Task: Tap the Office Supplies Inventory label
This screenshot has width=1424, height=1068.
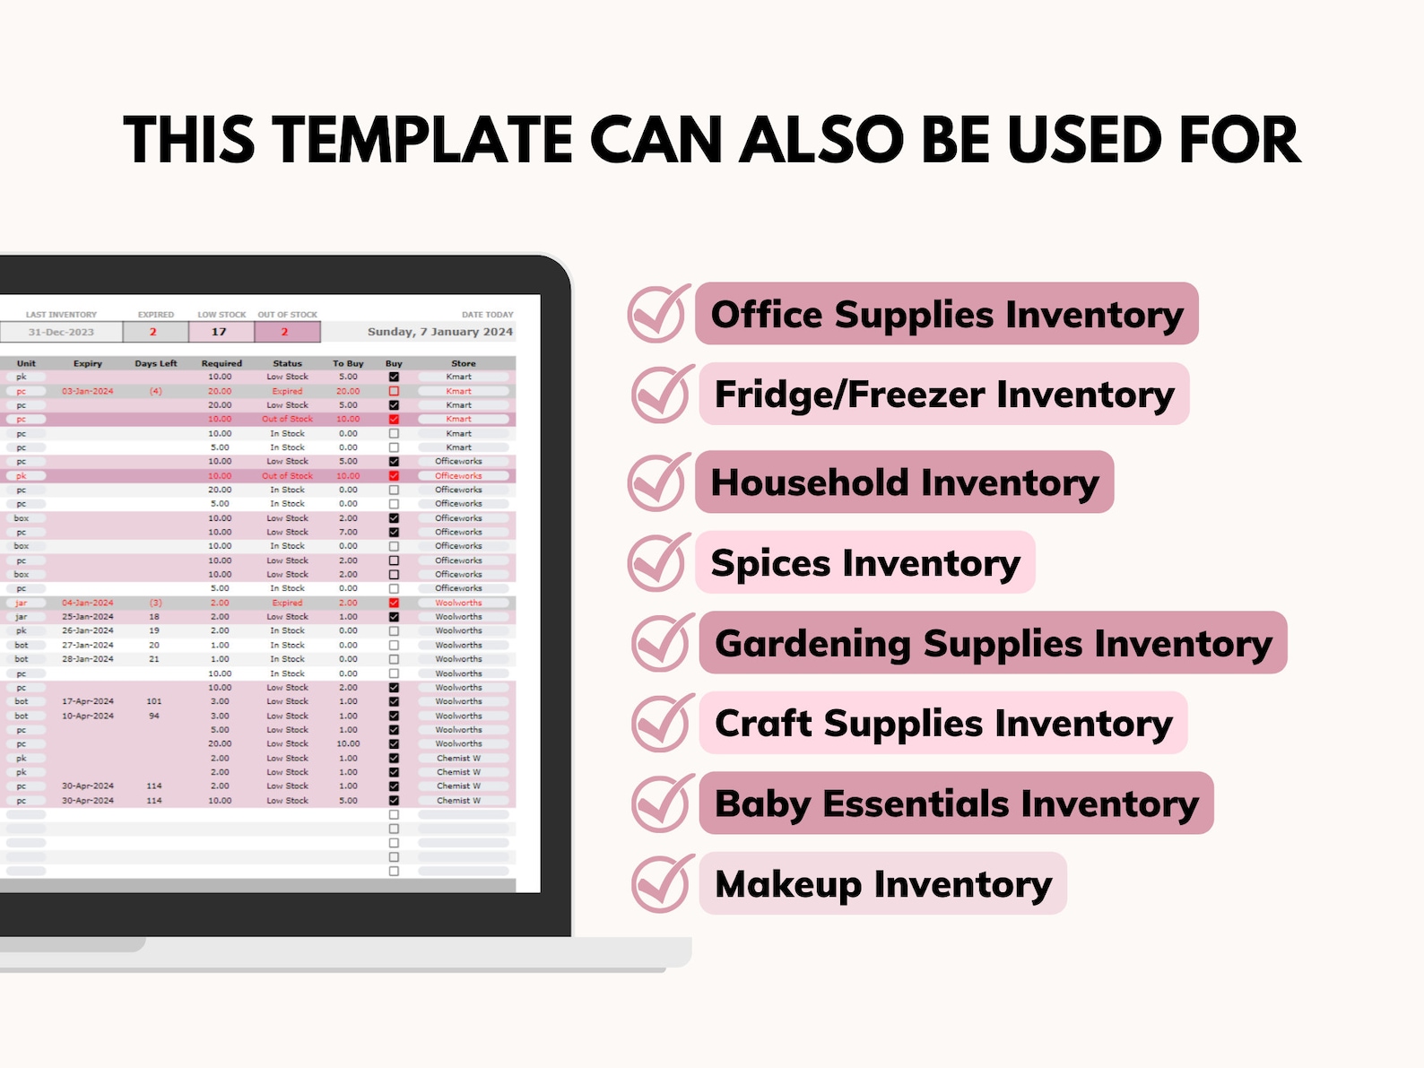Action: [947, 314]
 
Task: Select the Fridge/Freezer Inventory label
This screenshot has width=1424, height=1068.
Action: [943, 394]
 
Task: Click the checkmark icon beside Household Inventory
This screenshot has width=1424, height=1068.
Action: [659, 482]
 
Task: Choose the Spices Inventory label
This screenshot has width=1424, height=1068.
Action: [865, 562]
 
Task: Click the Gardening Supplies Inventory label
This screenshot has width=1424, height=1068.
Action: [993, 643]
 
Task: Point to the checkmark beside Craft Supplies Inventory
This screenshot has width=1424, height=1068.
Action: [662, 724]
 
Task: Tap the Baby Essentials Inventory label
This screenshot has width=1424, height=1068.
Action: [956, 803]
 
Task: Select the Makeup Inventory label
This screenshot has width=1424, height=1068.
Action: [882, 883]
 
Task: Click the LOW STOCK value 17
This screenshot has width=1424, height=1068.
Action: [220, 332]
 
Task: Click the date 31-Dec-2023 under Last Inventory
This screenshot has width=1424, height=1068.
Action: [61, 332]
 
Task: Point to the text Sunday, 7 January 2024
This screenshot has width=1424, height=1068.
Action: [439, 332]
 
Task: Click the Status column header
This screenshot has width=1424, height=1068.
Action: [287, 363]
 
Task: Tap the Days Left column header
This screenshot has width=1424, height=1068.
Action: [155, 363]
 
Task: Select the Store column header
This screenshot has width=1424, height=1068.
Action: [464, 363]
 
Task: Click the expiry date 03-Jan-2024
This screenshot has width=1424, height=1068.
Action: [88, 391]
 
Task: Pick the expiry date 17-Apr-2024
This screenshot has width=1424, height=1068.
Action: [88, 701]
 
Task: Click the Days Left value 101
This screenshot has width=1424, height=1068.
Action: [154, 701]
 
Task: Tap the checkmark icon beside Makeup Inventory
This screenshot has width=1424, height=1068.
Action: [662, 883]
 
